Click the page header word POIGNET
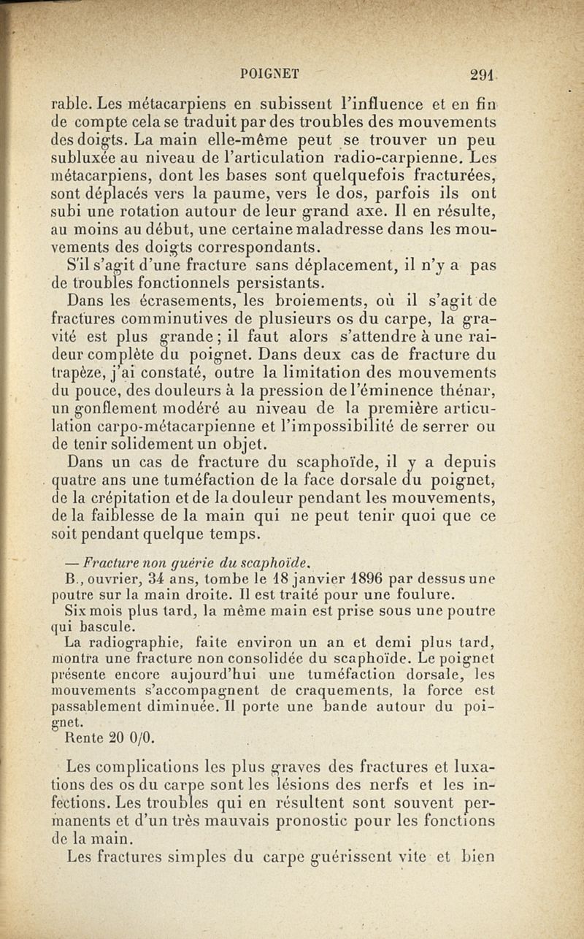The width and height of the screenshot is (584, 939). [x=269, y=72]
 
